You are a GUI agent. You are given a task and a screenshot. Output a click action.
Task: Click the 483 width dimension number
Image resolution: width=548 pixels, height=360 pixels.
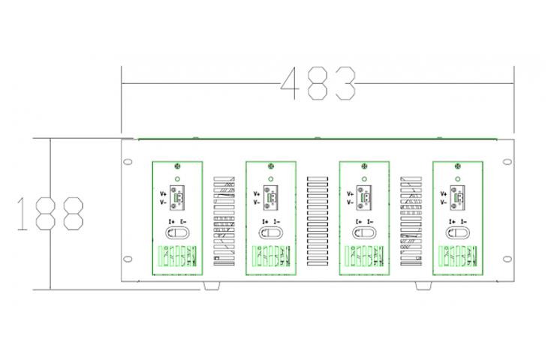tap(318, 83)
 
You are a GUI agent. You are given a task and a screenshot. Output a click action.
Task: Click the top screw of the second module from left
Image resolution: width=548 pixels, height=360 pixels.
tap(269, 167)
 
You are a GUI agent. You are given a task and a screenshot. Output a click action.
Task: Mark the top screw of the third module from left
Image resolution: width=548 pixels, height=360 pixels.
tap(363, 167)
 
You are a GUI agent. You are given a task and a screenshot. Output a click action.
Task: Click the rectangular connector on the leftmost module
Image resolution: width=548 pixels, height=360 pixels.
tap(179, 197)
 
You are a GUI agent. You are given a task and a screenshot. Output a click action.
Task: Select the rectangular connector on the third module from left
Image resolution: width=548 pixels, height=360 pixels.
tap(366, 198)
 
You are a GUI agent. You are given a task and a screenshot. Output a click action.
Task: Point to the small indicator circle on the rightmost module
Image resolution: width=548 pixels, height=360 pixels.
tap(456, 179)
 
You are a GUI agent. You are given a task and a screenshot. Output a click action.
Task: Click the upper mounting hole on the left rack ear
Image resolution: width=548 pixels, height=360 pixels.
tap(127, 162)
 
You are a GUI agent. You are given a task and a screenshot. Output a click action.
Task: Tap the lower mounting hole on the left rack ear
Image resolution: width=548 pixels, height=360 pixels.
tap(127, 258)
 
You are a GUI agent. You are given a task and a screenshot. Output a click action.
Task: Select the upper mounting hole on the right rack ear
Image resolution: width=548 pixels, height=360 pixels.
tap(508, 162)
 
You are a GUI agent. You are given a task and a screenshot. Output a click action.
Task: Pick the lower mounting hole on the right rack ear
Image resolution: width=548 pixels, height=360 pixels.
tap(508, 258)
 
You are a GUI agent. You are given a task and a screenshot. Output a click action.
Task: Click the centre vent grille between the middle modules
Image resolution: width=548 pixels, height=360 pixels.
tap(318, 220)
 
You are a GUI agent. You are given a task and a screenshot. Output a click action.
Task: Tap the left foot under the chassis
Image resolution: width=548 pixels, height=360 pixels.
tap(212, 286)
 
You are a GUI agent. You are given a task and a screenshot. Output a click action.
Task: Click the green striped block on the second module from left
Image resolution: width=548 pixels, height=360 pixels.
tap(269, 258)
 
